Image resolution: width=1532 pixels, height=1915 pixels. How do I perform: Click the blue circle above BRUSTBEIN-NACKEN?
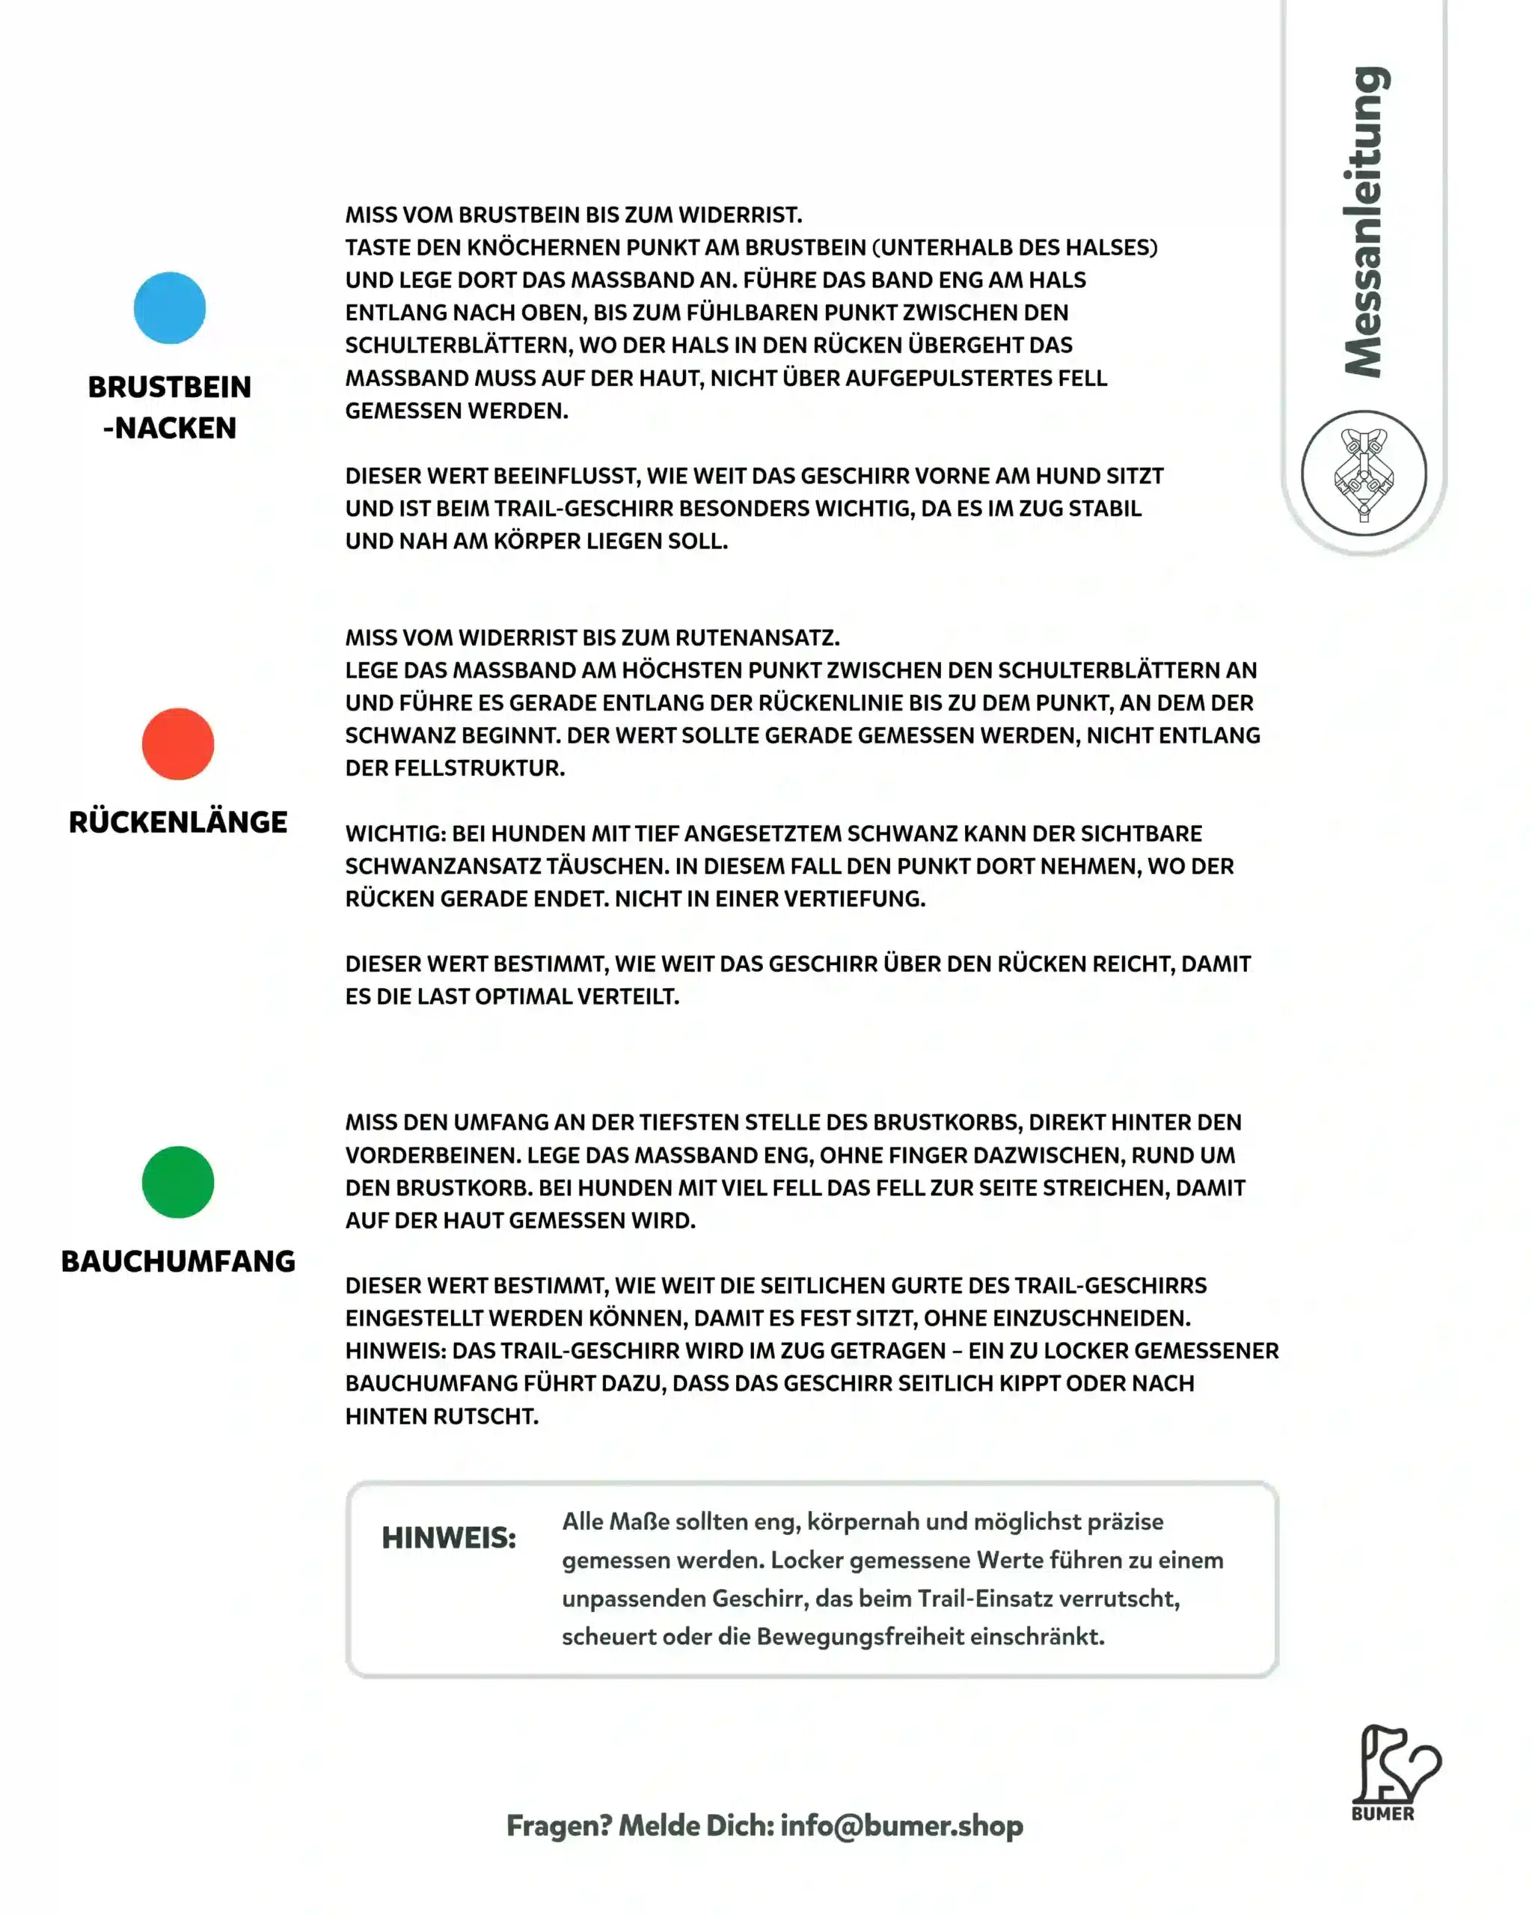[x=170, y=308]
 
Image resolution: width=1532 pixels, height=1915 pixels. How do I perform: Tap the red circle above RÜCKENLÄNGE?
[x=177, y=744]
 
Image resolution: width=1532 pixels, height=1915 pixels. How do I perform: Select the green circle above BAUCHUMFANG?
[x=177, y=1181]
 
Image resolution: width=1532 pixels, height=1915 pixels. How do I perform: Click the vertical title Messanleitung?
[x=1365, y=222]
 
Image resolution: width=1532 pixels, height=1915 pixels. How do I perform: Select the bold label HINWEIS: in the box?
[x=449, y=1537]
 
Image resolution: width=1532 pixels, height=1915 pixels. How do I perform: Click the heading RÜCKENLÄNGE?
[x=177, y=821]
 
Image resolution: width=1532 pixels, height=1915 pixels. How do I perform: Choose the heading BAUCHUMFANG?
[x=177, y=1260]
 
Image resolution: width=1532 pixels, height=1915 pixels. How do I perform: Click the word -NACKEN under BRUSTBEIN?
[x=170, y=427]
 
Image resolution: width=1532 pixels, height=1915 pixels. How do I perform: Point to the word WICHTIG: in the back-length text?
[x=395, y=833]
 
